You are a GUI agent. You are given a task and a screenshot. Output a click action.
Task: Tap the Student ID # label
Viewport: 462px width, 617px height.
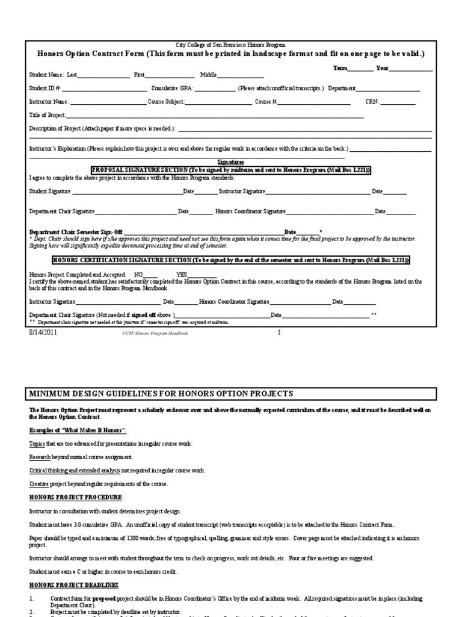click(x=45, y=89)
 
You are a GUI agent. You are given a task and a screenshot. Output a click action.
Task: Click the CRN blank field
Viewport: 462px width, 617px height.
click(x=397, y=102)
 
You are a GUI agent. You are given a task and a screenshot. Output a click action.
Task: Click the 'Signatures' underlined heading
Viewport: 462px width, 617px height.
click(x=230, y=163)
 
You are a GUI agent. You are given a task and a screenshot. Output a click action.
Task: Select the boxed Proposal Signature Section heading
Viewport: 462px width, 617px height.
click(x=231, y=171)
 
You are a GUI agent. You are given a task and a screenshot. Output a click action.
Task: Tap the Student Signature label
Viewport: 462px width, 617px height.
click(x=50, y=191)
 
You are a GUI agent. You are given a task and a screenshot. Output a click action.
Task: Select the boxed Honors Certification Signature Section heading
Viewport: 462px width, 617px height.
click(x=231, y=260)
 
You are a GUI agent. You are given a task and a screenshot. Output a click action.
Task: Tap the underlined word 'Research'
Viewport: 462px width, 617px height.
click(x=39, y=457)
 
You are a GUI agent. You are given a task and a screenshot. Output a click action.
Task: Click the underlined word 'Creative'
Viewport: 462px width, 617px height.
click(x=38, y=483)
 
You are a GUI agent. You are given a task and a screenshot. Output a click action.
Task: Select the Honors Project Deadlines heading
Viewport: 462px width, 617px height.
click(x=74, y=585)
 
